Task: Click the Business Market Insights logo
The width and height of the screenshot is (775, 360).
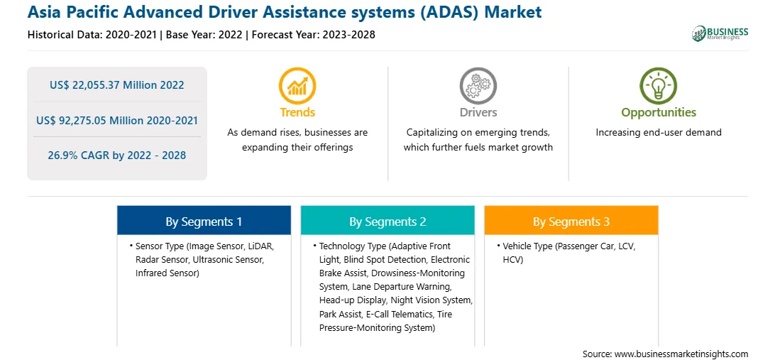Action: pos(720,33)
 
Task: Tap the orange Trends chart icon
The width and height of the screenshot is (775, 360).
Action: pos(297,86)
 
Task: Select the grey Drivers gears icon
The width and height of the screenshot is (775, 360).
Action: pos(478,86)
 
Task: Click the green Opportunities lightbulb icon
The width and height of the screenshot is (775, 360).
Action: pos(659,86)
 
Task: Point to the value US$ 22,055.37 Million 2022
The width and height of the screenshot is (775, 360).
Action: pos(116,85)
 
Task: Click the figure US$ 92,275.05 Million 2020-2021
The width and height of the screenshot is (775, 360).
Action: pos(116,120)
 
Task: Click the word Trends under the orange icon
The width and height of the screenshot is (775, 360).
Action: pos(297,113)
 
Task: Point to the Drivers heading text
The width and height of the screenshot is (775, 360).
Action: pos(478,113)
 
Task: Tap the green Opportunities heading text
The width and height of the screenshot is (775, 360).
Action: pos(659,113)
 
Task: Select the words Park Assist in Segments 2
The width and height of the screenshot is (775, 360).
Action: pos(341,314)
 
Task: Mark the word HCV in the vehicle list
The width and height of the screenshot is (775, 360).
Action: pos(512,260)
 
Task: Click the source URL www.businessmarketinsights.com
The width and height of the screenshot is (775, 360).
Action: pos(681,354)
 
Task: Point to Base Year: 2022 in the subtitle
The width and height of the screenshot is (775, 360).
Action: pos(204,35)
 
